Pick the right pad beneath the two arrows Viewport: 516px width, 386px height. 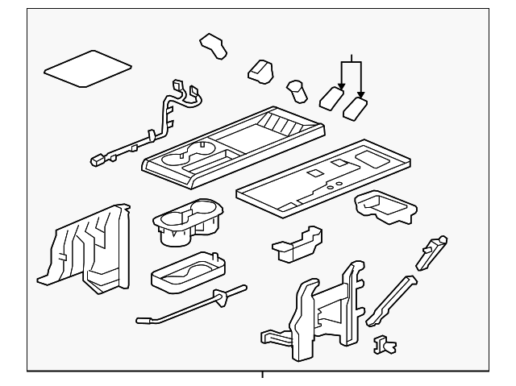(356, 107)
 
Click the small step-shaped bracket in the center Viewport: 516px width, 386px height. (295, 244)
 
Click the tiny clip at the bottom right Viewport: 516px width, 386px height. (385, 344)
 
